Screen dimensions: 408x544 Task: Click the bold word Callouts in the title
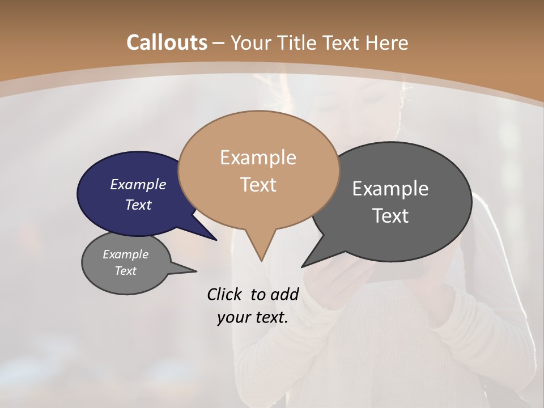167,42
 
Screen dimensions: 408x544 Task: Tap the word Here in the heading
386,42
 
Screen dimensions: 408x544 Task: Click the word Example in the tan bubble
258,158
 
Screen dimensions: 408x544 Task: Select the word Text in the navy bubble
138,205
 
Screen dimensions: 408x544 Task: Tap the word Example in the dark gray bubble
390,188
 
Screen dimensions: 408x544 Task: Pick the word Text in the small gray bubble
126,271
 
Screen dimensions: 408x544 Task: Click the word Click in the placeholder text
224,294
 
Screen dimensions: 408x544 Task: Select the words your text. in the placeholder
253,317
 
